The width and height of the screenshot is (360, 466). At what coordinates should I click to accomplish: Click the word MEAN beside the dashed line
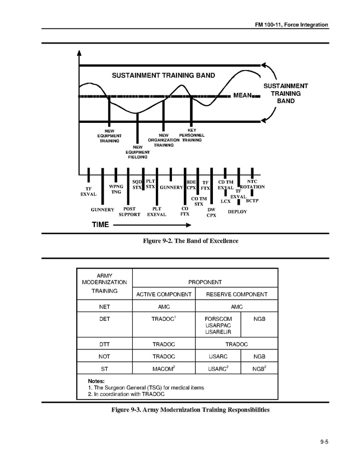click(x=241, y=96)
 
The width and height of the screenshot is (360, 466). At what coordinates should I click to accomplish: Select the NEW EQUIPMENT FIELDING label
click(x=137, y=152)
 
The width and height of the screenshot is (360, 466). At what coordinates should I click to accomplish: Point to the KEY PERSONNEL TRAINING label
click(x=192, y=135)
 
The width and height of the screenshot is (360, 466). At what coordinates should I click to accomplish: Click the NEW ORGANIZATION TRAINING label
click(x=164, y=140)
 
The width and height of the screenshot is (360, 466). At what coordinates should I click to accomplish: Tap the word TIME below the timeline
click(x=100, y=225)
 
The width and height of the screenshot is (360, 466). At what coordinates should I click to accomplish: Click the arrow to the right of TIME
click(x=152, y=225)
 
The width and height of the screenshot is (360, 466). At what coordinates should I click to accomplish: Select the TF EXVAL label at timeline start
click(x=89, y=191)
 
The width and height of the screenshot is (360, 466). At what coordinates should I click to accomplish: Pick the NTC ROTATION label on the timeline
click(x=252, y=184)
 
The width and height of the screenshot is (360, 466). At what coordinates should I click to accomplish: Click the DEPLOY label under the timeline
click(x=238, y=212)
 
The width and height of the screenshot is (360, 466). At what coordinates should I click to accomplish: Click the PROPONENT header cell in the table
click(x=205, y=283)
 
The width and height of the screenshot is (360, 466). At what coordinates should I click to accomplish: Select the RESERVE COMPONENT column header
click(x=237, y=294)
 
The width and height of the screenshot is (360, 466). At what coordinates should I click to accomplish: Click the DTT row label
click(x=105, y=344)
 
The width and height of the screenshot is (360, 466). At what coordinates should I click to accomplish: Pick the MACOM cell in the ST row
click(x=164, y=369)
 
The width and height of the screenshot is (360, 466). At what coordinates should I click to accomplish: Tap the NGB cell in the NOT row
click(x=260, y=357)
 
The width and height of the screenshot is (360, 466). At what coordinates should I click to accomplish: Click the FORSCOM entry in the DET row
click(x=219, y=319)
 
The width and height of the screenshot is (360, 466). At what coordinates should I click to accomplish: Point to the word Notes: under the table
click(x=96, y=381)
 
